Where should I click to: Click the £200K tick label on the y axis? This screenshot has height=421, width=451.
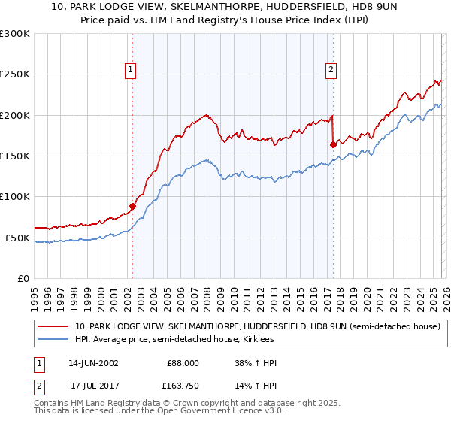click(x=15, y=115)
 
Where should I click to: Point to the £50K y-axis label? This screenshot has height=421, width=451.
click(x=17, y=238)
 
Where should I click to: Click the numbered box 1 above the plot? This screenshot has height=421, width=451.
click(x=132, y=70)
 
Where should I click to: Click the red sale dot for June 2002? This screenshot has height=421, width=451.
click(x=133, y=206)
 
